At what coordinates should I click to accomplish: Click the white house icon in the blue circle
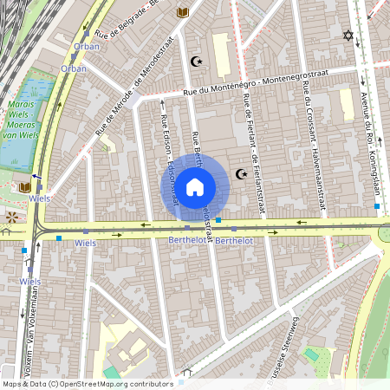[195, 185]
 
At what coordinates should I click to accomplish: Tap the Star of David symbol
[349, 36]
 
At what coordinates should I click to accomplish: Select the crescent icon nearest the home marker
[242, 174]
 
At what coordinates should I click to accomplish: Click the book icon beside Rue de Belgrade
[182, 12]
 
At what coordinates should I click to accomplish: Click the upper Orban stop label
[87, 47]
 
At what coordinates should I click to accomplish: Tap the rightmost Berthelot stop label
[234, 240]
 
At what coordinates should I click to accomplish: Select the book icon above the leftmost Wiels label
[24, 186]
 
